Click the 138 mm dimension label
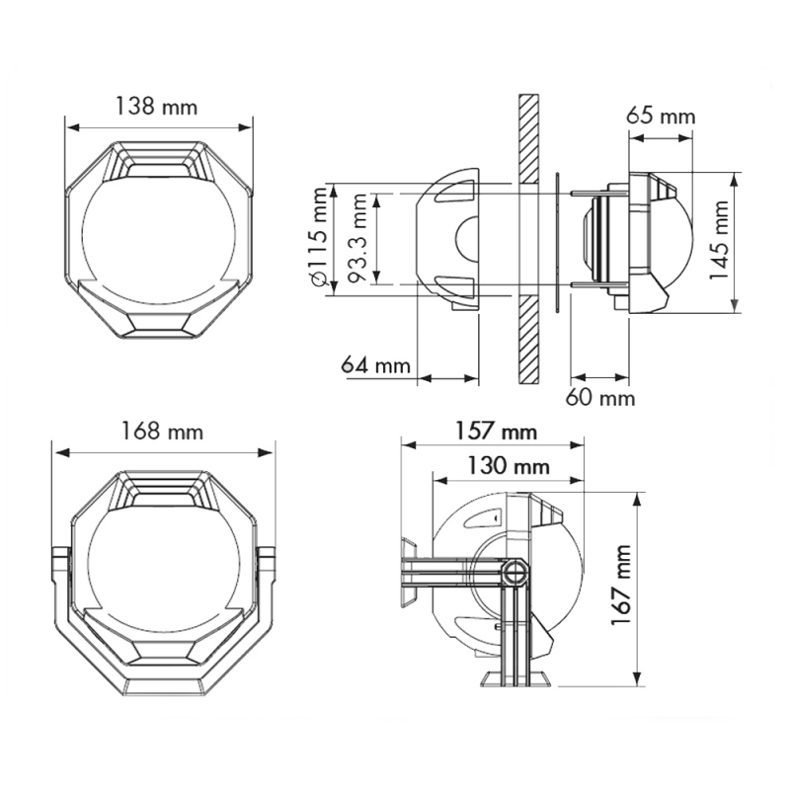[x=157, y=107]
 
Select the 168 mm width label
[x=162, y=432]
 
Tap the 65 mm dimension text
[x=661, y=116]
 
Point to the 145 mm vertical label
[x=719, y=239]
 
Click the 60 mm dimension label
[x=600, y=398]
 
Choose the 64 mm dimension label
[x=376, y=363]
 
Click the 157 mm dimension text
[x=497, y=432]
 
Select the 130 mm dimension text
[x=508, y=465]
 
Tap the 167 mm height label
[x=621, y=585]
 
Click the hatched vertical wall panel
[x=529, y=239]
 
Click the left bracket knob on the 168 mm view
[x=60, y=563]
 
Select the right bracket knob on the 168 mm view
[x=266, y=563]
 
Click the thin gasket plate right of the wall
[x=558, y=243]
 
